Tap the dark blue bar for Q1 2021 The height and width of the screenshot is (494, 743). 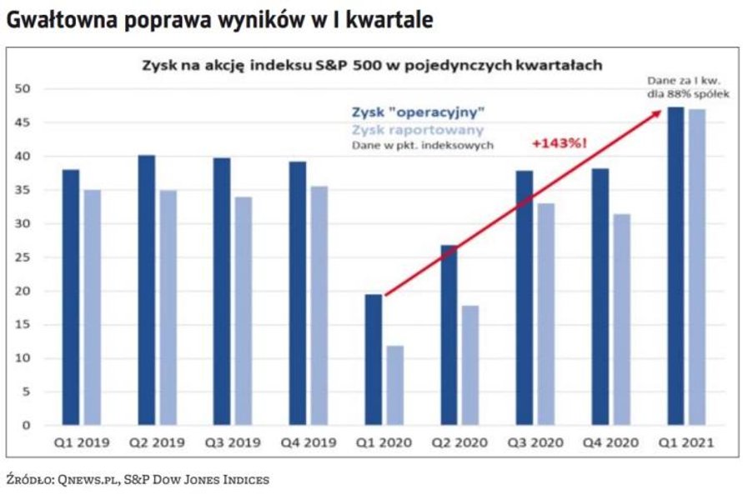coord(675,266)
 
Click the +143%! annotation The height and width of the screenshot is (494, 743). coord(558,143)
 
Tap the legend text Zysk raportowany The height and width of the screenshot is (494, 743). coord(406,130)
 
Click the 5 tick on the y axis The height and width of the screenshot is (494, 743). coord(25,392)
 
